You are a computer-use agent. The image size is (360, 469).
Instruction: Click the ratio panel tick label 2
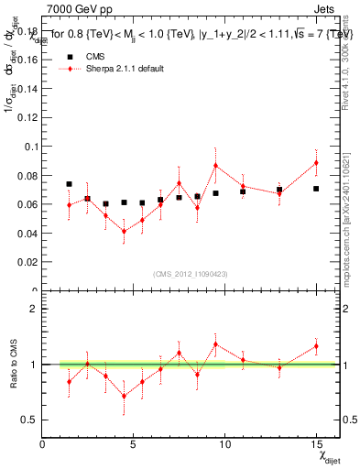coord(34,309)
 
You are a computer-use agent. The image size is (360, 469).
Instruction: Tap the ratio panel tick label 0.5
coord(29,420)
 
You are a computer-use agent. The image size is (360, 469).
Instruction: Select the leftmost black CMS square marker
coord(69,184)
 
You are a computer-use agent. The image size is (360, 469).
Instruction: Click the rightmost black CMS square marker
coord(316,189)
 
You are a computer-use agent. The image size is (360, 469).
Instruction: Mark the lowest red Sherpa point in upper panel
coord(124,231)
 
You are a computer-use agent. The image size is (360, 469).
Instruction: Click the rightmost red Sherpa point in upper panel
coord(316,163)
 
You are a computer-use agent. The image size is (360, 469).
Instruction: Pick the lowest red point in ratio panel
coord(124,396)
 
